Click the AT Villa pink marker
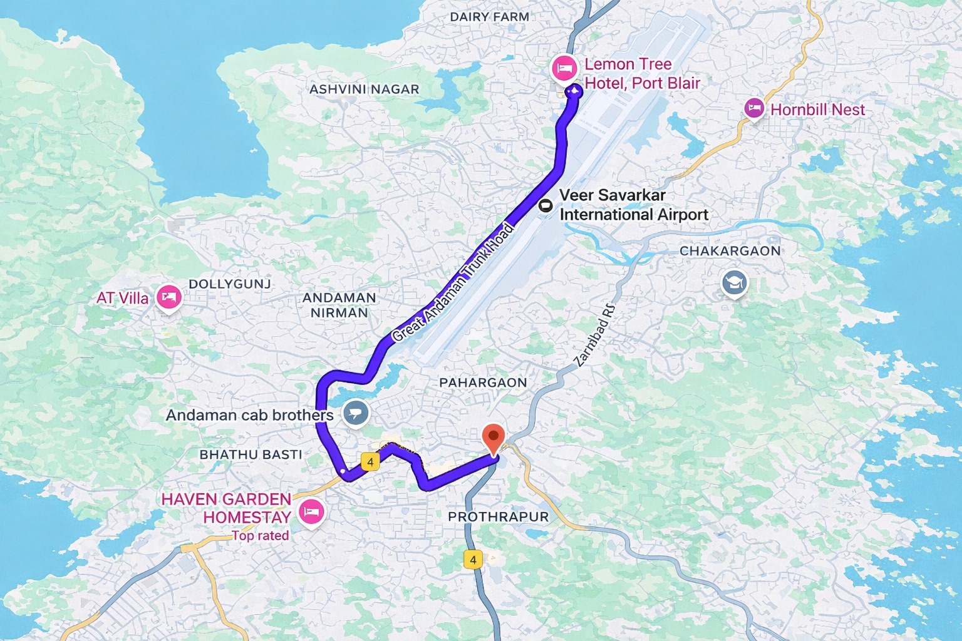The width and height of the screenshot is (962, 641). [x=168, y=297]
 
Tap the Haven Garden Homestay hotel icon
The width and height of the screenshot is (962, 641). [x=311, y=512]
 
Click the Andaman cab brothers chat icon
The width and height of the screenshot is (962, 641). [x=356, y=413]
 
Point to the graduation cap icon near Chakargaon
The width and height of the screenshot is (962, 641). [x=734, y=283]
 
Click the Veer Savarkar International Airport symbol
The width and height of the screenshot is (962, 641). [x=546, y=205]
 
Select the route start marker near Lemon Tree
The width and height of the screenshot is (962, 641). [x=573, y=91]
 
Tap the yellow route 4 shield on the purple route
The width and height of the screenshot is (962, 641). [x=371, y=462]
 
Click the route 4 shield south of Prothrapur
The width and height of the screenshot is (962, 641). [x=473, y=559]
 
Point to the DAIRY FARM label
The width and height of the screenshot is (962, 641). [x=489, y=17]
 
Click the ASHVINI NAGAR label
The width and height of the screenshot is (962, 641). [x=364, y=90]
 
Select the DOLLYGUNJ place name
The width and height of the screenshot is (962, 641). [x=230, y=284]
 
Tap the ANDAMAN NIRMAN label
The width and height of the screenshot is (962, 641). [x=339, y=305]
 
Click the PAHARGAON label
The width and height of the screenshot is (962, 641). [x=483, y=382]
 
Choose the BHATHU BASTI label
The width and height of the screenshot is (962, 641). [x=251, y=454]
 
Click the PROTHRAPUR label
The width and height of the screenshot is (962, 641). [x=498, y=516]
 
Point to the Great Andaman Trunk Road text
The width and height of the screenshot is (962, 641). [x=453, y=282]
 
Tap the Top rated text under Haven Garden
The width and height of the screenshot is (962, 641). [x=260, y=536]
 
